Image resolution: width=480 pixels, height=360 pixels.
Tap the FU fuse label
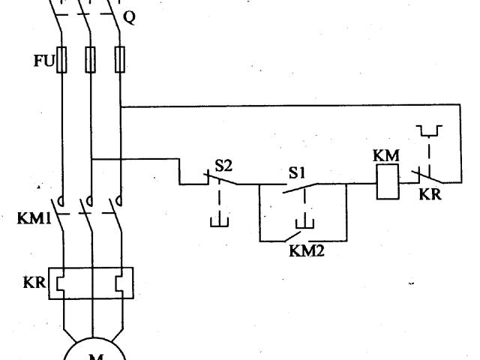43,60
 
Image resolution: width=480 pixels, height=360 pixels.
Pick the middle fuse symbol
90,58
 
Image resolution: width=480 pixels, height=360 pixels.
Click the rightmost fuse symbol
119,58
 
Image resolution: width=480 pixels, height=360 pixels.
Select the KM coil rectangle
386,184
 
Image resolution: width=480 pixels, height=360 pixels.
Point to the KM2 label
307,250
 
